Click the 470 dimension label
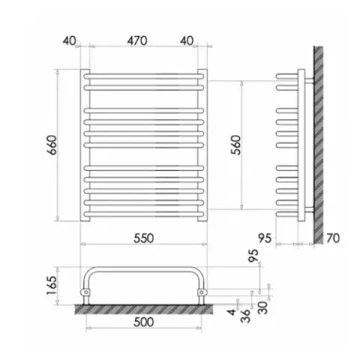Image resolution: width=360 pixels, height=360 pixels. pos(136,40)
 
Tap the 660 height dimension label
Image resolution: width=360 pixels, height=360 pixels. pos(52,145)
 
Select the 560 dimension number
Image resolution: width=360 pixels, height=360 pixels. pos(235,145)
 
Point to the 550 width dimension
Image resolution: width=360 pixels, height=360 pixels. pos(143,238)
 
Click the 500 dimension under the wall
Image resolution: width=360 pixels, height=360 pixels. pos(143,322)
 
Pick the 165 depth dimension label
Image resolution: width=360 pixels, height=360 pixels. pos(52,286)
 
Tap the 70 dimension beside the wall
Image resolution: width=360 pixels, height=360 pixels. pos(333,238)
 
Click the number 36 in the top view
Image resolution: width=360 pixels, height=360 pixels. pos(245,316)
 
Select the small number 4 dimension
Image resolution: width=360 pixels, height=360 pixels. pos(232,312)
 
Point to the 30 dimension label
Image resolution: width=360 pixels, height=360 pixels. pos(262,307)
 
